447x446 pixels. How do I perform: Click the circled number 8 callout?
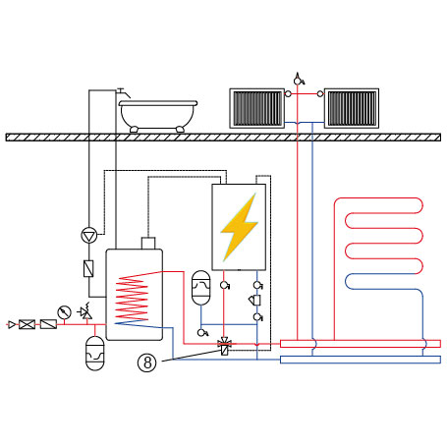click(x=147, y=362)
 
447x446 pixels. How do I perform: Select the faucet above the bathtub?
click(x=124, y=92)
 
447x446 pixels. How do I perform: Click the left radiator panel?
click(x=256, y=108)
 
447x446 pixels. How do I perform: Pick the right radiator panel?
click(x=352, y=108)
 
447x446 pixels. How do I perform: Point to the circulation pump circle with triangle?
click(x=89, y=236)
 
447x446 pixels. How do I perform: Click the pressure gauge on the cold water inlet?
click(x=64, y=312)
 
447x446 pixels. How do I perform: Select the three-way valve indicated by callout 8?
click(x=225, y=346)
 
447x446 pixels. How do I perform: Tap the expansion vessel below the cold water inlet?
click(x=94, y=354)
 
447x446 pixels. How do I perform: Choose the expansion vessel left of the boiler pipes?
click(x=200, y=288)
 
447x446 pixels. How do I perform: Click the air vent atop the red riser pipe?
click(x=299, y=79)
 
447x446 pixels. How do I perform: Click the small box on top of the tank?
click(x=148, y=244)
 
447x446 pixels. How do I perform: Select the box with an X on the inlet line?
click(x=27, y=324)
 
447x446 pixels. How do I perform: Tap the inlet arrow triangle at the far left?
click(x=12, y=324)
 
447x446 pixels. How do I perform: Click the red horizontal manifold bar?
click(x=361, y=344)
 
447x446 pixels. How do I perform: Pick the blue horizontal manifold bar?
click(x=361, y=360)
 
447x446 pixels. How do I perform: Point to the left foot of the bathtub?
click(x=134, y=130)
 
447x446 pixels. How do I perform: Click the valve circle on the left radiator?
click(x=288, y=94)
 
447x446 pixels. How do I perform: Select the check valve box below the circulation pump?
click(x=88, y=269)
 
